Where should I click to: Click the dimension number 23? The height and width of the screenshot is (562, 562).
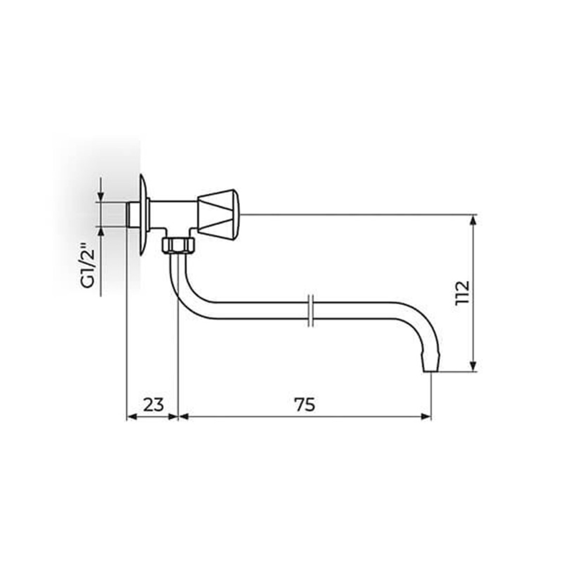[154, 405]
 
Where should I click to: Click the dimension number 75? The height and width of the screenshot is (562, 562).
[305, 405]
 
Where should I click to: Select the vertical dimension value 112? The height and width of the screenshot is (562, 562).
[462, 293]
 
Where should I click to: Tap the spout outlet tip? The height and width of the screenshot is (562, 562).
[431, 369]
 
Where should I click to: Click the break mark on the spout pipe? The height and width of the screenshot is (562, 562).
[311, 311]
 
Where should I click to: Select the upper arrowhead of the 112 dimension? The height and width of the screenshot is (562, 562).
[473, 221]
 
